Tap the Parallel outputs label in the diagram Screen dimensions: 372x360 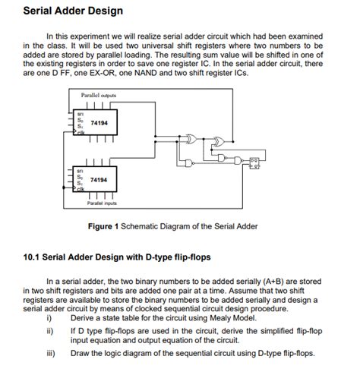coord(98,95)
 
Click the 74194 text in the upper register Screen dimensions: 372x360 coord(98,122)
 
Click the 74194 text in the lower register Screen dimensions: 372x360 coord(98,180)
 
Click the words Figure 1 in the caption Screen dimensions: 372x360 coord(106,226)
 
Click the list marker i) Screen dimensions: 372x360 coord(49,319)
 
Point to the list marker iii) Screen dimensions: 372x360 coord(51,353)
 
